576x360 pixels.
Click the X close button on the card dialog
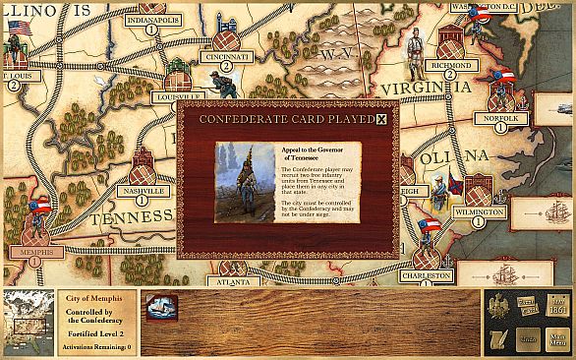(x=382, y=120)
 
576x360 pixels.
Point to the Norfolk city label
(x=500, y=113)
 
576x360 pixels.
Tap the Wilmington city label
(x=481, y=212)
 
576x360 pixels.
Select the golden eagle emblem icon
(x=499, y=306)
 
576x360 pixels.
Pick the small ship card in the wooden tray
(x=159, y=307)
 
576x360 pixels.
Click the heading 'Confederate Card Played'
(x=286, y=120)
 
